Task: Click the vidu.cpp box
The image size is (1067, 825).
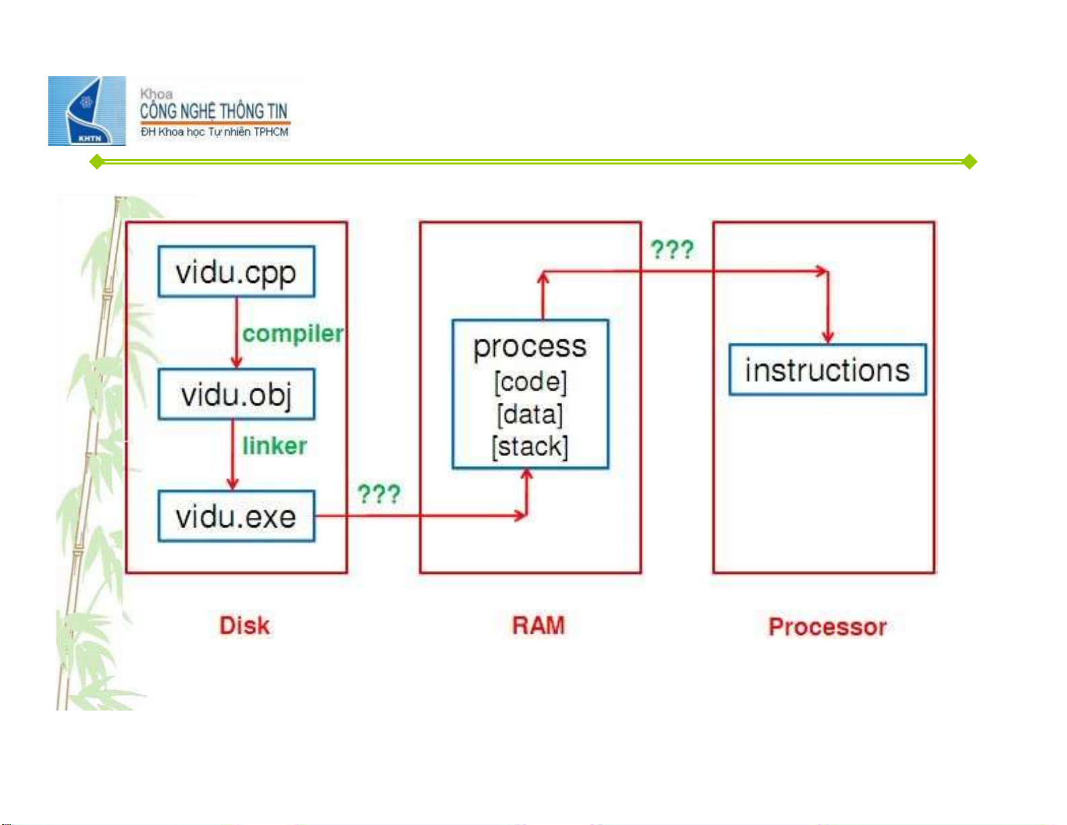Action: click(x=236, y=272)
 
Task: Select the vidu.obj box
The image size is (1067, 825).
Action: click(x=236, y=395)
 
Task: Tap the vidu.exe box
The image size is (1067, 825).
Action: click(x=236, y=517)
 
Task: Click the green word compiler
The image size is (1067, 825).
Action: click(x=293, y=333)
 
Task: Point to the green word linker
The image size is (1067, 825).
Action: click(x=274, y=446)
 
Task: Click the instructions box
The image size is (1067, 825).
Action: click(x=827, y=370)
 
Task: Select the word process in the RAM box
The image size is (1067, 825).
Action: click(x=530, y=347)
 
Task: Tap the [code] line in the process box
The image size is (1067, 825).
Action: click(x=530, y=382)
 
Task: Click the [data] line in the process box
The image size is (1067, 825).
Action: click(x=530, y=414)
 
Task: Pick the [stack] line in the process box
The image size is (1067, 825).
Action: click(x=530, y=447)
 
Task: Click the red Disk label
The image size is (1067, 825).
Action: click(x=244, y=626)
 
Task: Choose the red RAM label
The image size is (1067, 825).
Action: click(x=538, y=626)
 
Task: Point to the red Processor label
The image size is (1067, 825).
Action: click(x=827, y=627)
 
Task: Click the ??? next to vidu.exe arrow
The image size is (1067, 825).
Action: click(x=379, y=494)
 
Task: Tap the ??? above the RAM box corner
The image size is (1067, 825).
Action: click(x=672, y=250)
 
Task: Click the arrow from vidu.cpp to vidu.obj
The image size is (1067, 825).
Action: click(x=236, y=333)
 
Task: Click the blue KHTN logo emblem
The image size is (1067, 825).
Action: click(x=87, y=111)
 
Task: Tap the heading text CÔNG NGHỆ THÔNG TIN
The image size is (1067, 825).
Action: click(x=213, y=111)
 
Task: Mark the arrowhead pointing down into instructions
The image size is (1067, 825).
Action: click(x=828, y=336)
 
